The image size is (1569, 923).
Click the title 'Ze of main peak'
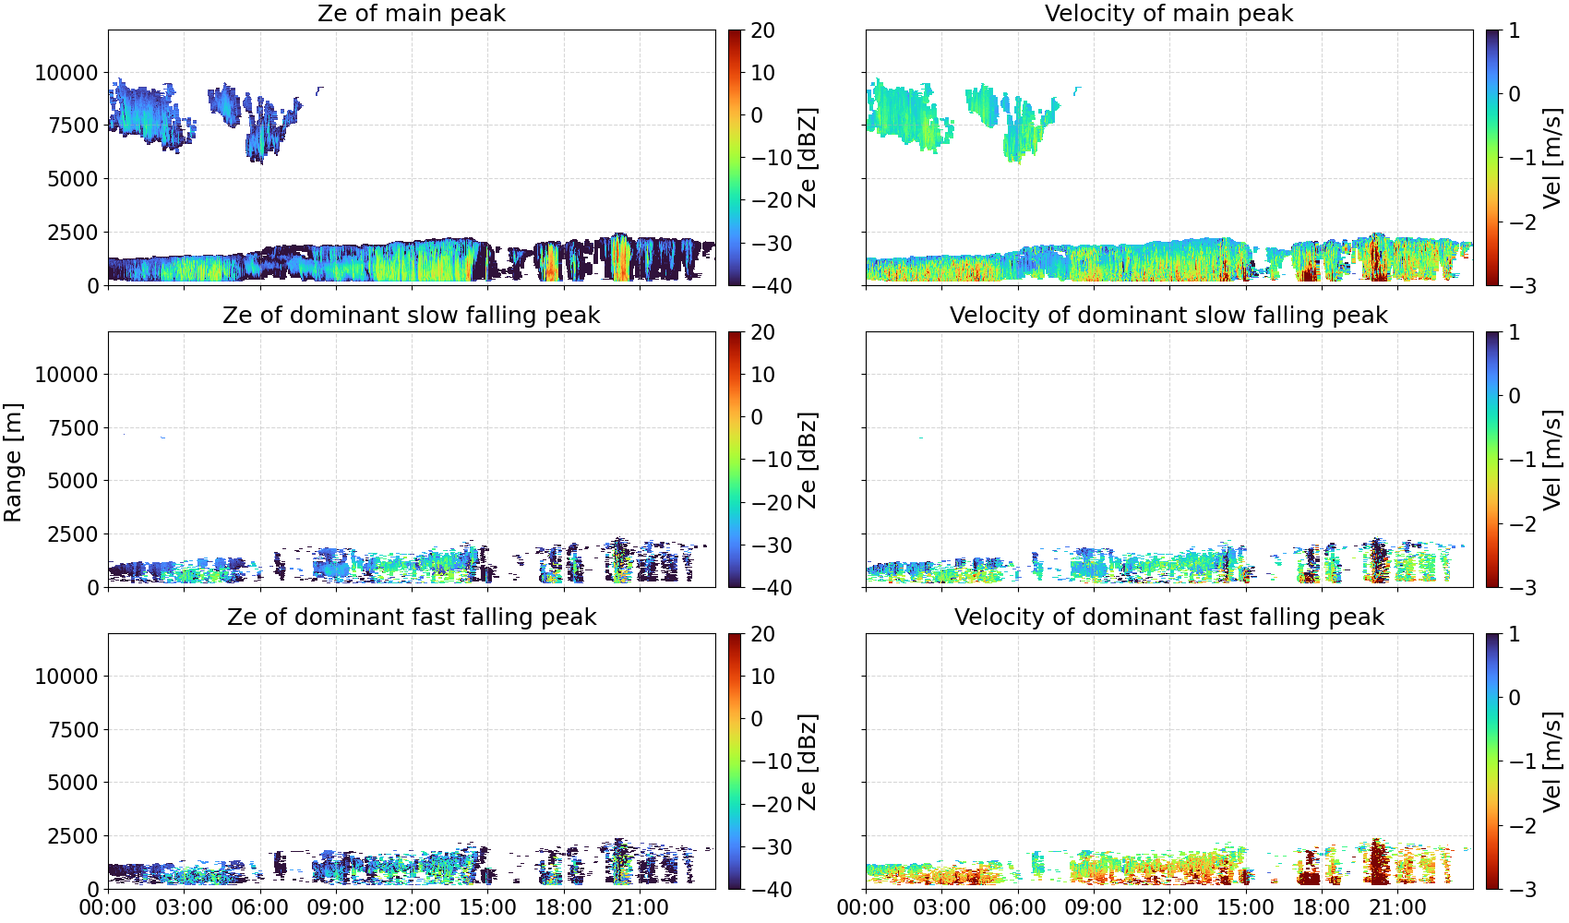click(x=411, y=13)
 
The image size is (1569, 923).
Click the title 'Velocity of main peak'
click(x=1169, y=13)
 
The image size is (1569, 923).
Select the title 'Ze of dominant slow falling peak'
click(x=411, y=315)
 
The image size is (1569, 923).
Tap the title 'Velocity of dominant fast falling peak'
click(x=1169, y=617)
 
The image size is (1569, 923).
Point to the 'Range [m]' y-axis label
click(x=13, y=462)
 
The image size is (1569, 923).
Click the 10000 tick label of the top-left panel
click(x=67, y=73)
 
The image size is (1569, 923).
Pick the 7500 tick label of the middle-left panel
click(x=74, y=428)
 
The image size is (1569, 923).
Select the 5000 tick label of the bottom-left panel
click(x=74, y=783)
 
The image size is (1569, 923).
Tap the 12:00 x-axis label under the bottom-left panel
click(x=412, y=907)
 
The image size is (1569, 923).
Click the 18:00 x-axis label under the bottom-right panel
click(x=1321, y=907)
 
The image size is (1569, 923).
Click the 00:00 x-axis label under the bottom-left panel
click(x=109, y=907)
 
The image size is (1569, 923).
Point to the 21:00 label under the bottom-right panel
click(x=1397, y=907)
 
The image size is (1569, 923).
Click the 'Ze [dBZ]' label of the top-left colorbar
click(x=807, y=158)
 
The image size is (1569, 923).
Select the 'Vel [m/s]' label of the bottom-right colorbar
click(x=1552, y=761)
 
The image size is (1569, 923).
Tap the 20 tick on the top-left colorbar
click(x=762, y=30)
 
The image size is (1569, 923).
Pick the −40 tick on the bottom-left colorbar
click(x=772, y=890)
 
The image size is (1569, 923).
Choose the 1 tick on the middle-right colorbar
click(x=1515, y=332)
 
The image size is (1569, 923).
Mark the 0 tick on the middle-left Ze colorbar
click(x=757, y=417)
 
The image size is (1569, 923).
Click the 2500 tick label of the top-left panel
click(x=74, y=233)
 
